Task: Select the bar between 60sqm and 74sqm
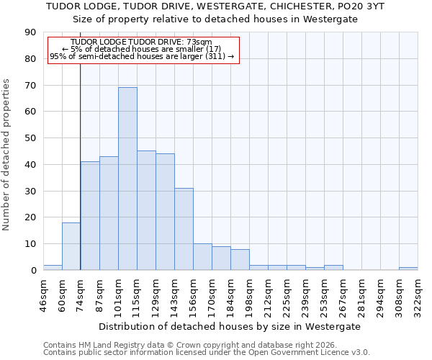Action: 71,246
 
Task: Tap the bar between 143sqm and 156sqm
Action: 184,229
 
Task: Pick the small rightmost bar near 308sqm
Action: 408,269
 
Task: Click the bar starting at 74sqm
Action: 90,216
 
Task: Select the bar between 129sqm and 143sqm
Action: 165,212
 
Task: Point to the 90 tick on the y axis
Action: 30,32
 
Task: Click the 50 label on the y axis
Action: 30,138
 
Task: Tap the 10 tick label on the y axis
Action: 30,244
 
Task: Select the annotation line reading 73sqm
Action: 142,42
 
